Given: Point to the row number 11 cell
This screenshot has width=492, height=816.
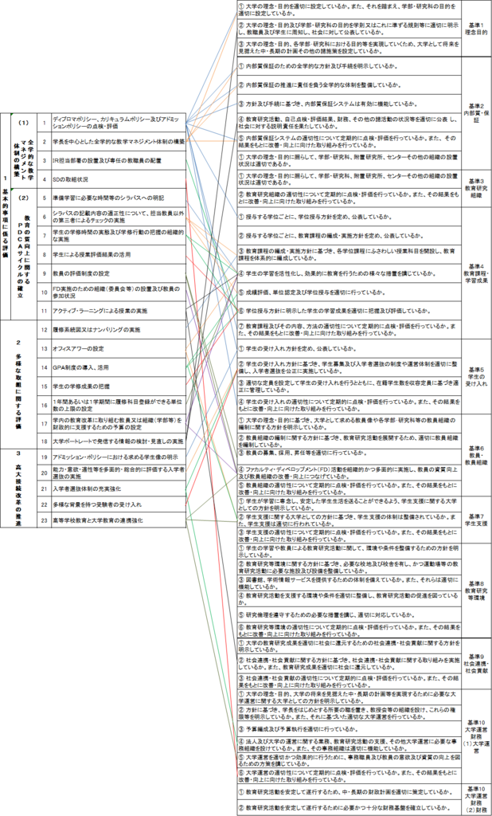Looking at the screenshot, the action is coord(45,310).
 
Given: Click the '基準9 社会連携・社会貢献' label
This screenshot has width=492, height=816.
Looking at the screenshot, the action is coord(476,661).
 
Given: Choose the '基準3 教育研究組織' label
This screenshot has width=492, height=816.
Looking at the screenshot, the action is coord(476,188).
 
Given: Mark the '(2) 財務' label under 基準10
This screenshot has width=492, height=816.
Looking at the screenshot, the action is coord(476,798).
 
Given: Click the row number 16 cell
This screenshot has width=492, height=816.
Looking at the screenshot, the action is coord(45,404).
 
